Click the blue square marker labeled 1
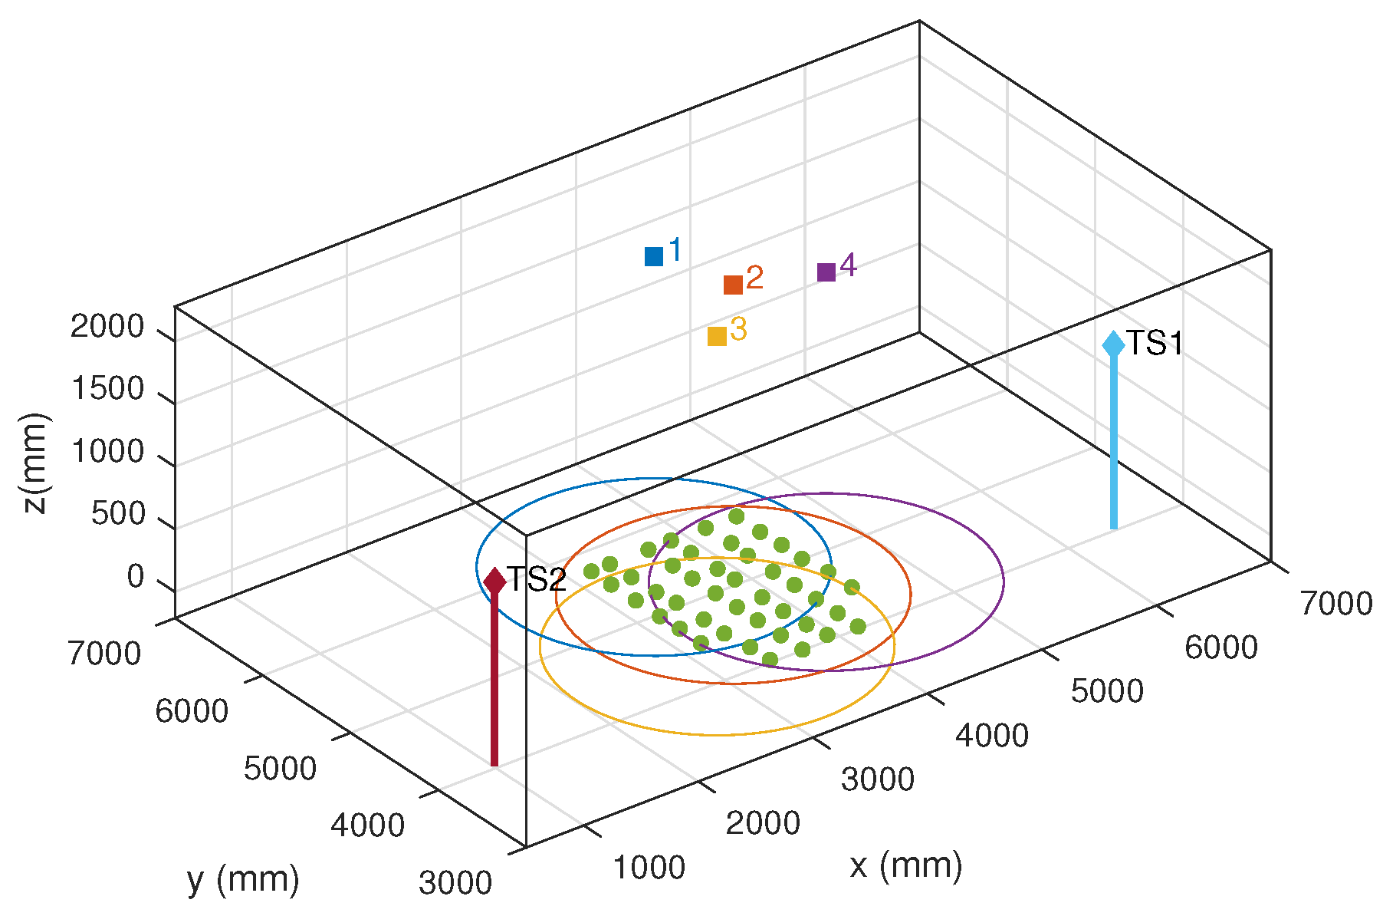coord(653,256)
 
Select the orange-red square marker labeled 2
coord(733,285)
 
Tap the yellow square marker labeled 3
coord(717,336)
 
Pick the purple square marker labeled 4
coord(826,272)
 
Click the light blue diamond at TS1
coord(1113,344)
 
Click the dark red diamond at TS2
coord(494,581)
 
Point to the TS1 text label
coord(1155,343)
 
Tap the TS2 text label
coord(537,580)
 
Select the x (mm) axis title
coord(905,865)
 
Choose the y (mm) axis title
coord(243,879)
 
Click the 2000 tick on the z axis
coord(107,327)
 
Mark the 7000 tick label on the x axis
coord(1335,604)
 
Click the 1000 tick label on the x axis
coord(649,868)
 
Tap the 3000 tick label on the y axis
coord(455,883)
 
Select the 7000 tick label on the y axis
coord(104,654)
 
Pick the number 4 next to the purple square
coord(848,265)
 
